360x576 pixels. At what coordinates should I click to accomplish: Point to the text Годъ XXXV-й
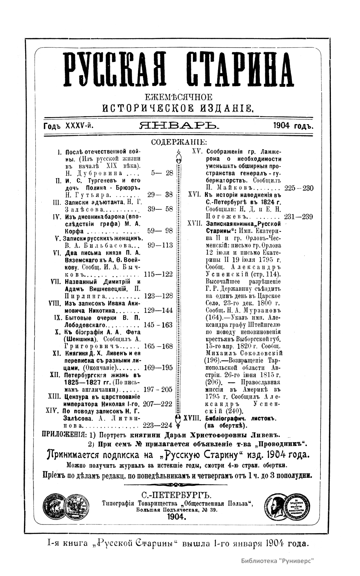coord(69,126)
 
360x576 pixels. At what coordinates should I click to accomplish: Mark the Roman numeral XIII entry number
coord(55,397)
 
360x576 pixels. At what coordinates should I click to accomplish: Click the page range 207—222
coord(158,404)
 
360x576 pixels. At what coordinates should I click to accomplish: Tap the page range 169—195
coord(158,368)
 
